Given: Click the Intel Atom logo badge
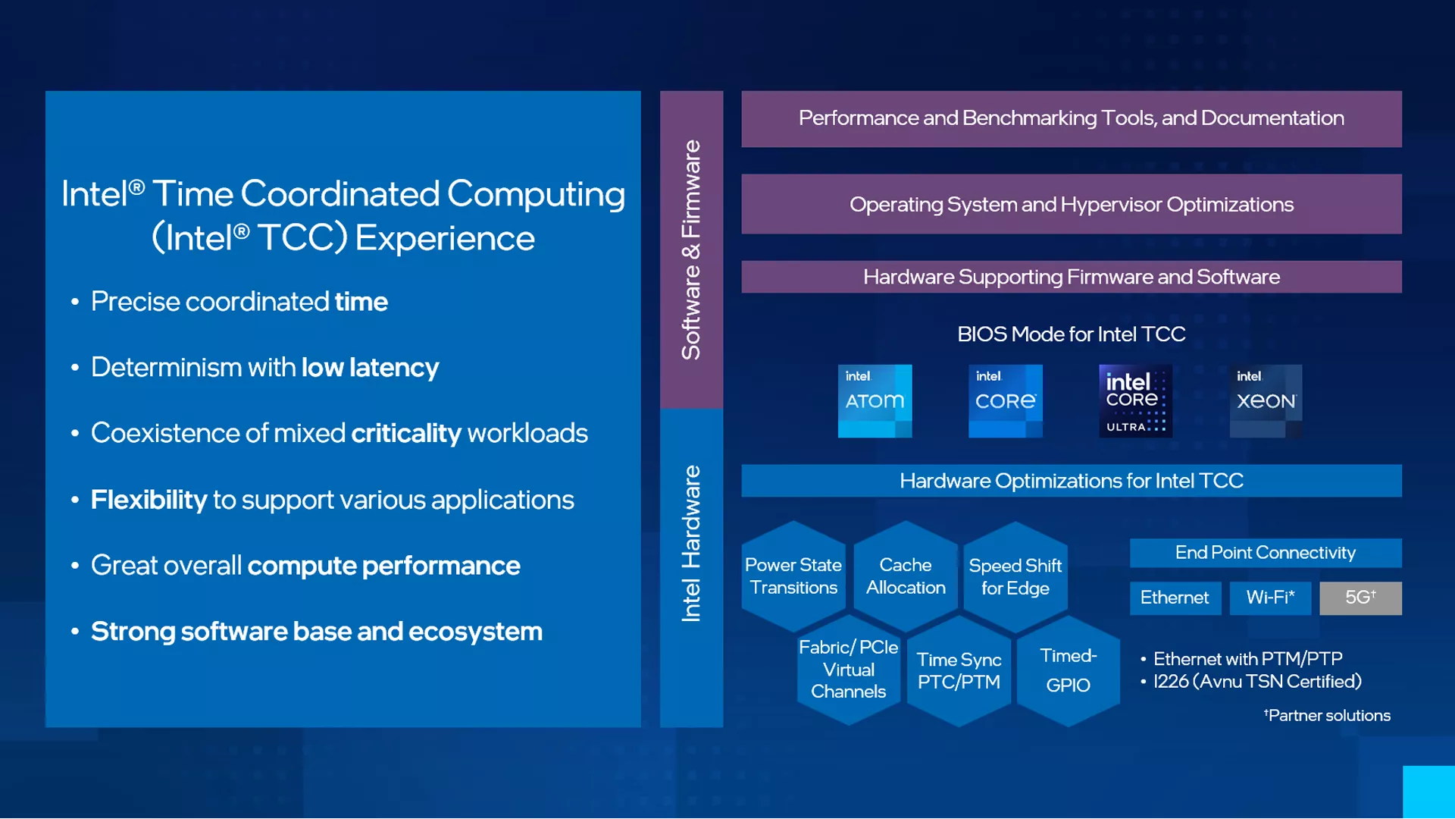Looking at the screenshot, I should click(x=875, y=401).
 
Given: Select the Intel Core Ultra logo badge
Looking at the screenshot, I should click(x=1135, y=401).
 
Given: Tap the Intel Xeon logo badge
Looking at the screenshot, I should click(x=1266, y=401).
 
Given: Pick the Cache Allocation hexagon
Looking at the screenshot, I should click(x=906, y=576).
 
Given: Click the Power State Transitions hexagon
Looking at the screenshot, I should click(x=793, y=576).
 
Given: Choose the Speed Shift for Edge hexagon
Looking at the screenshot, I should click(x=1015, y=577).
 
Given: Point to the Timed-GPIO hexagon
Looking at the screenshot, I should click(x=1068, y=670).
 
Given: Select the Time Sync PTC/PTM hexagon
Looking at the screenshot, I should click(x=959, y=671).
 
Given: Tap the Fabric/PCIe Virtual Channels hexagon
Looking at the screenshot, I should click(x=849, y=670).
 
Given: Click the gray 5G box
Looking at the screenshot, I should click(x=1360, y=598).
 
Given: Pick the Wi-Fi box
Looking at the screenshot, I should click(x=1270, y=598).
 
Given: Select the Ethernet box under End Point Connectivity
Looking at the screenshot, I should click(x=1175, y=598).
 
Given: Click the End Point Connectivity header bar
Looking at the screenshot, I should click(x=1266, y=553).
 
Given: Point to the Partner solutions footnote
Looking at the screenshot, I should click(x=1327, y=715).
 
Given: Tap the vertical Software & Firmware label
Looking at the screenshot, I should click(x=691, y=249).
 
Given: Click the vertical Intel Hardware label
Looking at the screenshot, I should click(x=691, y=544).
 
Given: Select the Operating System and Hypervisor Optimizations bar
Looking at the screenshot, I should click(x=1072, y=204).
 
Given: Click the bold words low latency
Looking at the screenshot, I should click(x=370, y=368).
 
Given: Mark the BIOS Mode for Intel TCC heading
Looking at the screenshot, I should click(x=1072, y=334).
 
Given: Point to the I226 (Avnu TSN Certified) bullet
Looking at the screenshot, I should click(x=1256, y=681).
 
